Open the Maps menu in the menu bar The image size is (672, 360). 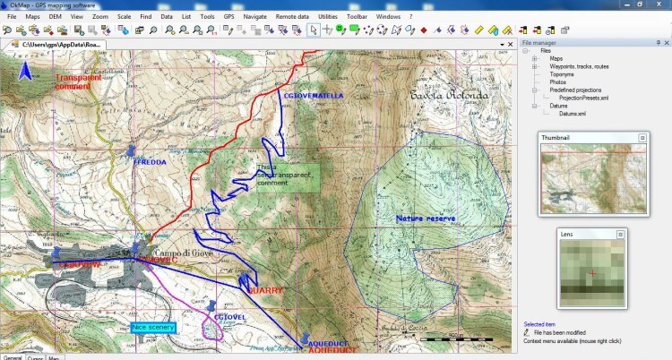[32, 16]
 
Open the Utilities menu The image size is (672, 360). [353, 16]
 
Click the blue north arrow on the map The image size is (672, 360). [27, 69]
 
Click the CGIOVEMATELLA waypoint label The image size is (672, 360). [313, 95]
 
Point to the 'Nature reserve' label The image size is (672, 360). [426, 218]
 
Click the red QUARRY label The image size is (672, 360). [265, 291]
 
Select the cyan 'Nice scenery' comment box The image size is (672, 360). [153, 328]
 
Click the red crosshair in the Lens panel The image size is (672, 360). [591, 272]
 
